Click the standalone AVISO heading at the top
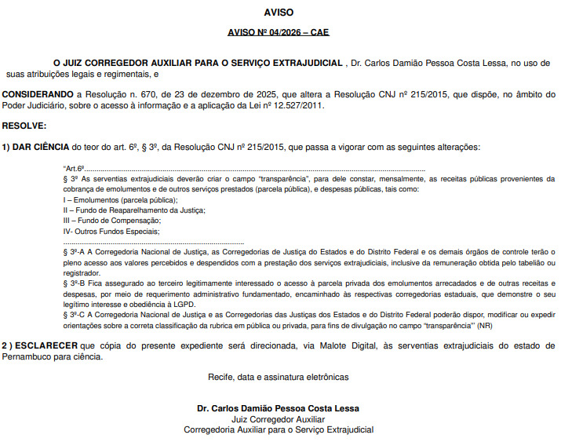click(279, 13)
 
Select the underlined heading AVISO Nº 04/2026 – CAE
click(279, 34)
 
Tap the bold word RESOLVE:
click(24, 126)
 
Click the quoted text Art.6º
click(74, 169)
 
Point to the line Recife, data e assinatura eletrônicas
click(279, 377)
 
